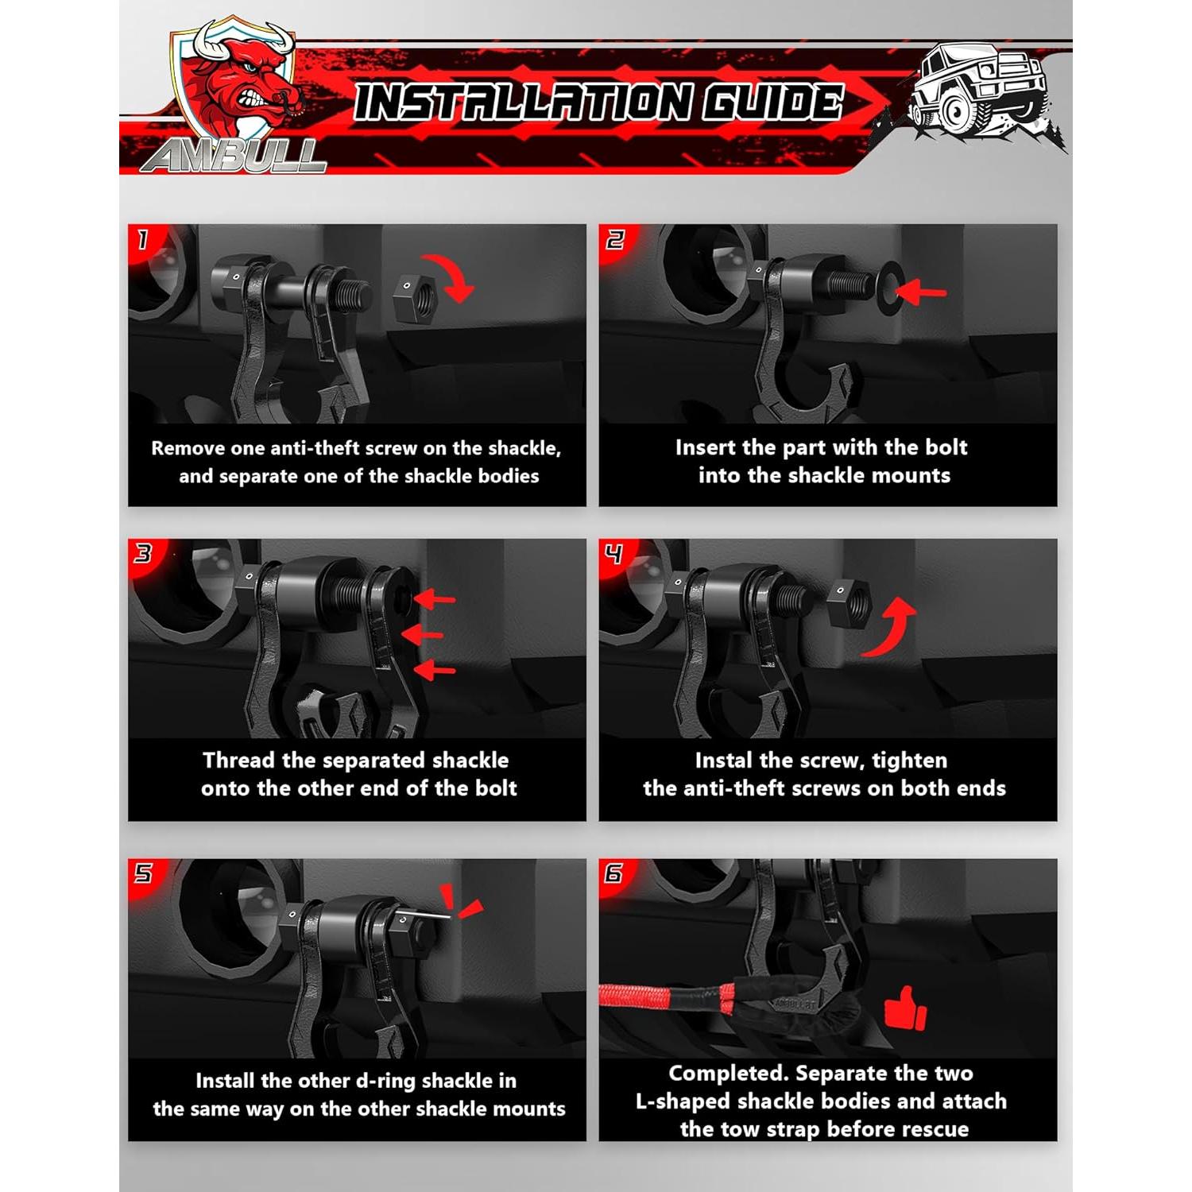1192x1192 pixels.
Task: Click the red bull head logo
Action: coord(238,87)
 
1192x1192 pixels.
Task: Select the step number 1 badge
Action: coord(143,239)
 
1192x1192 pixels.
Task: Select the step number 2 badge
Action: coord(615,239)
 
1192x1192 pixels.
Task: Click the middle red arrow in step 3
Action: coord(422,635)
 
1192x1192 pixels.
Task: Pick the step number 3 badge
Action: coord(143,553)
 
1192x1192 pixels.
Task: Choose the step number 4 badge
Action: coord(614,553)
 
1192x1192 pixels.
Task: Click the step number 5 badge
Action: coord(143,873)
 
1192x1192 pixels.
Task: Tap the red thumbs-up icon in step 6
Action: coord(905,1010)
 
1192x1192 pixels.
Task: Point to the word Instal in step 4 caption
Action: coord(723,760)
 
